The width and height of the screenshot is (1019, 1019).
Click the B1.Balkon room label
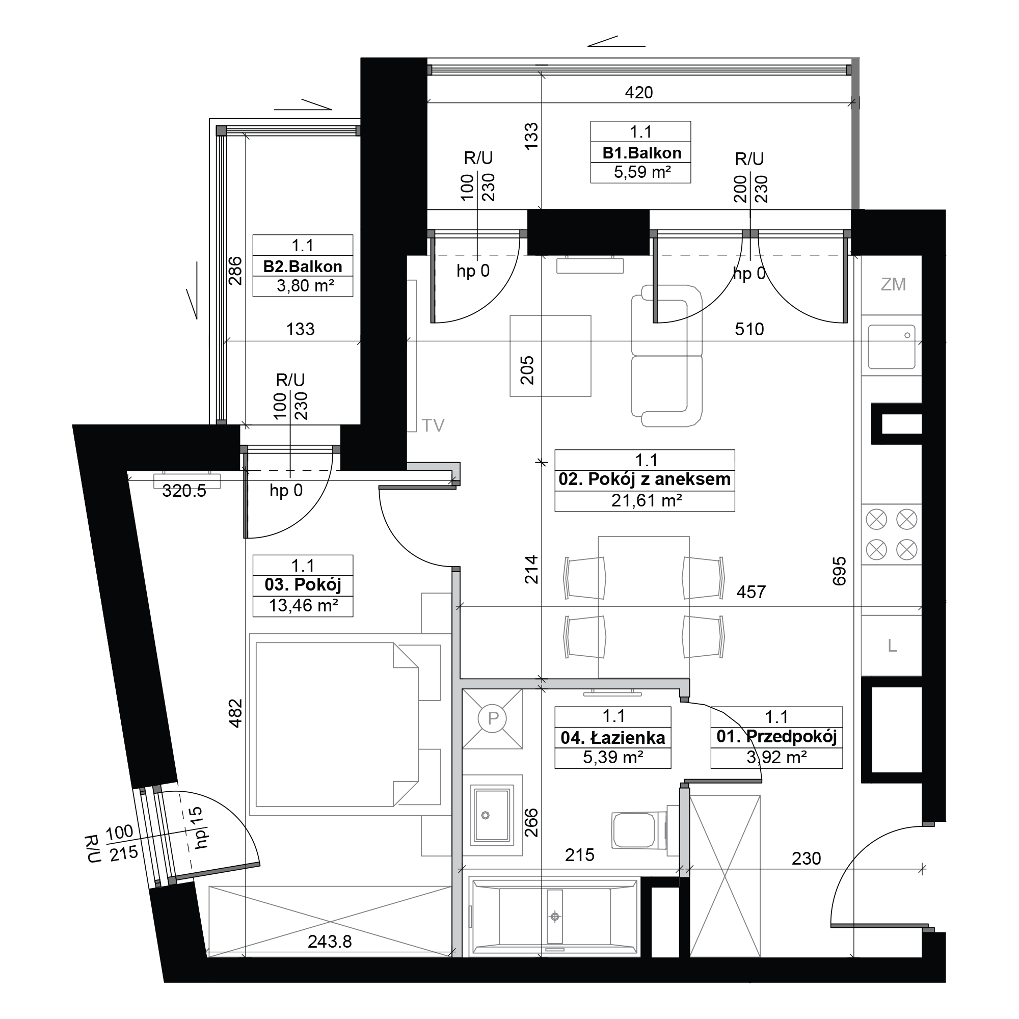[641, 153]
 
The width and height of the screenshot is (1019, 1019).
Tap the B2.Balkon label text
[303, 266]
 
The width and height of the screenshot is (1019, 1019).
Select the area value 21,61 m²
[647, 500]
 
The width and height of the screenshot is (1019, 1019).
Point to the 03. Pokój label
[303, 585]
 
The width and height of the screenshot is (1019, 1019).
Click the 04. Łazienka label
[613, 737]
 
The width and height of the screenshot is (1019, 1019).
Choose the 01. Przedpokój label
[777, 737]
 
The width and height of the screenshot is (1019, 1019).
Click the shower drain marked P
[493, 718]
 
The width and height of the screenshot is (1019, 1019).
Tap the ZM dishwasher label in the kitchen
[893, 285]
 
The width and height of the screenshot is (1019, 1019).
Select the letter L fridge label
[892, 646]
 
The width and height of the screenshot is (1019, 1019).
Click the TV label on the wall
[433, 425]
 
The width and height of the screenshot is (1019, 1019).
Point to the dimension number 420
[639, 93]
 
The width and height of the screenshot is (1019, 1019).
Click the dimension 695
[839, 571]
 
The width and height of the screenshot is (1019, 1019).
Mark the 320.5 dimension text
[184, 491]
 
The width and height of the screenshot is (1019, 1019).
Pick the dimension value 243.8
[330, 942]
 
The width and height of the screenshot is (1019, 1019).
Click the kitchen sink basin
[891, 346]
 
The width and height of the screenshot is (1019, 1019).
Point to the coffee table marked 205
[550, 356]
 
